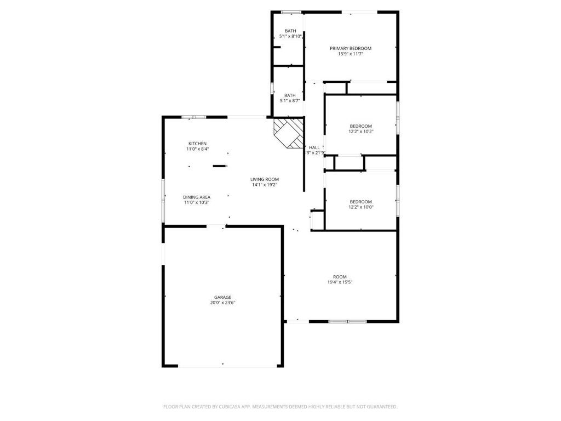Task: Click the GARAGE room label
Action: point(222,297)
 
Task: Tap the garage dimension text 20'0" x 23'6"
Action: point(222,303)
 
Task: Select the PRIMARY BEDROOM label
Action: point(351,48)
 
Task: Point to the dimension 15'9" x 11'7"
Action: point(351,54)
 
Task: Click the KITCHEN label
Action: point(197,144)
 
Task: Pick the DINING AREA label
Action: point(197,197)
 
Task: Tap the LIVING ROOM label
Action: point(265,179)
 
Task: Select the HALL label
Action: point(314,147)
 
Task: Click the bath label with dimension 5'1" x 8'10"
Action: point(290,31)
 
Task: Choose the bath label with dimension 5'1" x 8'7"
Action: point(290,95)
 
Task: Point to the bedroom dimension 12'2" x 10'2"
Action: point(361,132)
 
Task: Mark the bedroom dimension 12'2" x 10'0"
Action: point(361,207)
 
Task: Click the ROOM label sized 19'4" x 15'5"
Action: point(340,277)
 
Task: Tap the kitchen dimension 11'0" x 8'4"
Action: point(197,149)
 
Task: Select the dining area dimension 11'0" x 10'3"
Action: point(197,203)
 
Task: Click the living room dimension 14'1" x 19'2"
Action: point(265,185)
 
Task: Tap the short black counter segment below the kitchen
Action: point(219,166)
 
